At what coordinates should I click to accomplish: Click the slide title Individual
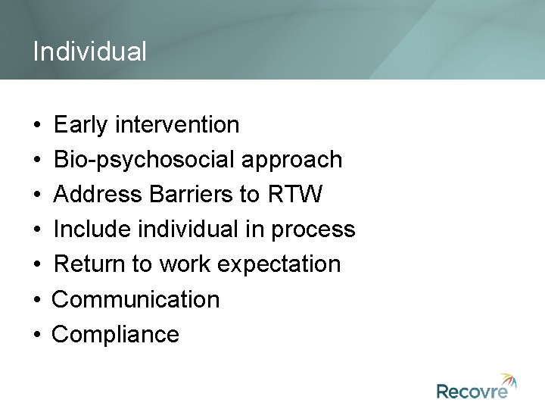(90, 52)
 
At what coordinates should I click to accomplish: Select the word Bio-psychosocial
(147, 160)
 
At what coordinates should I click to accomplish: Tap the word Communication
(135, 299)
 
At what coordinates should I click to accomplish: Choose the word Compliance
(115, 334)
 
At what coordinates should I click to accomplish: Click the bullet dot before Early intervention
(37, 125)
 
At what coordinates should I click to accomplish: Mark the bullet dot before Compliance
(37, 335)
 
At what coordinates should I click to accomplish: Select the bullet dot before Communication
(37, 300)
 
